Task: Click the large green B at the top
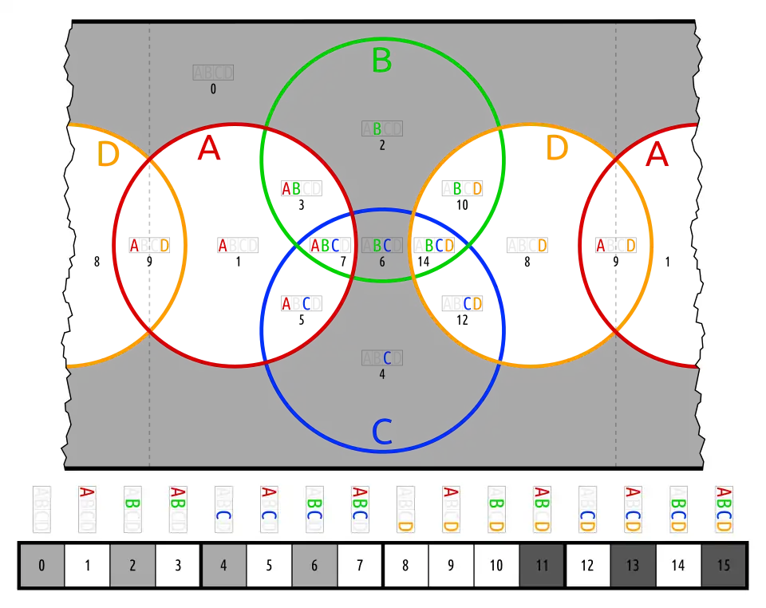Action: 381,61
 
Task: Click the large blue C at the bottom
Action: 382,432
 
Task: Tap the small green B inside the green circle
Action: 377,128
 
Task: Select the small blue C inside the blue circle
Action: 387,358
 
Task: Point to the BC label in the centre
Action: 382,246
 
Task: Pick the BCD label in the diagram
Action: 438,246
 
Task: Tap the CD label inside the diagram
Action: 472,303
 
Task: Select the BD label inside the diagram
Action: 467,188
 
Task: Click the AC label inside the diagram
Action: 296,303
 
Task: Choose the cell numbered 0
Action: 41,566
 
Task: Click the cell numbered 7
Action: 360,566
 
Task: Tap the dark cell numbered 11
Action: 542,566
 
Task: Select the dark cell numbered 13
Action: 633,566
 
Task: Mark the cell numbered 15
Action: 724,566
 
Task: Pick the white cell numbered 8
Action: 405,566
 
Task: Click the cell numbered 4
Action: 223,566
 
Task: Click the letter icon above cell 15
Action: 724,510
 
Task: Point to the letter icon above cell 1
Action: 87,510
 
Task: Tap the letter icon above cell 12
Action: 587,510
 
